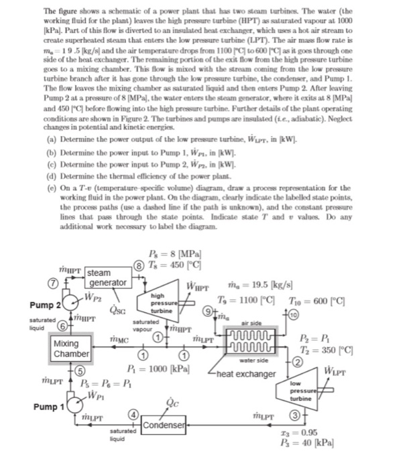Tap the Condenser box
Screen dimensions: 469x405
click(x=164, y=426)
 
